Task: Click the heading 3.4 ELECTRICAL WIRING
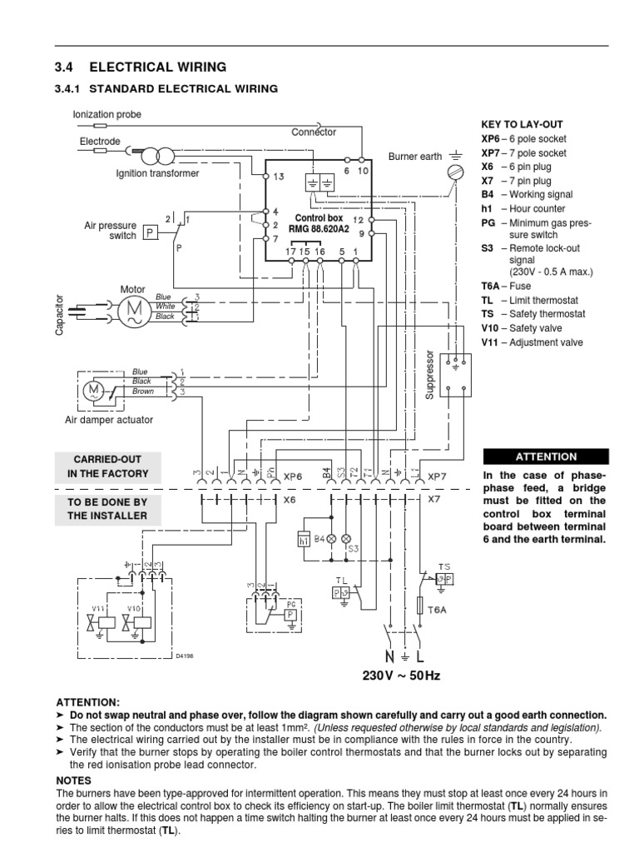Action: (x=140, y=67)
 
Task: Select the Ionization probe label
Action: (x=107, y=113)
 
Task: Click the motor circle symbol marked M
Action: (x=133, y=310)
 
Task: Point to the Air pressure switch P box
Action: (x=151, y=232)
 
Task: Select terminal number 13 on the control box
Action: (x=278, y=177)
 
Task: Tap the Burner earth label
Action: (x=415, y=156)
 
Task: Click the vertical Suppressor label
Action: (x=430, y=375)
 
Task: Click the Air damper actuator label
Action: (x=109, y=420)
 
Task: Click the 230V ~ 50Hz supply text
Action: (x=399, y=675)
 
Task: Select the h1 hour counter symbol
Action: (x=303, y=540)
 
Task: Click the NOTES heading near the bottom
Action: (x=73, y=781)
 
